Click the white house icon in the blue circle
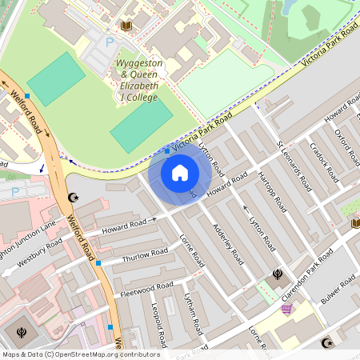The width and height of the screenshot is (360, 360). tap(180, 173)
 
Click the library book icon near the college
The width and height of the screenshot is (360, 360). tap(126, 26)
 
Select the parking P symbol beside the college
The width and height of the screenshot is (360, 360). tap(110, 41)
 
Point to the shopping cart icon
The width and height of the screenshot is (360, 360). tap(287, 310)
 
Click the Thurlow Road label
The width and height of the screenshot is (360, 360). tap(144, 256)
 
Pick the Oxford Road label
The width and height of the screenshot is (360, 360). tap(345, 144)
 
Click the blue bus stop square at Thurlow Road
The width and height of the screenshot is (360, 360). tap(98, 262)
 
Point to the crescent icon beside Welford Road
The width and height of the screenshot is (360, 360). tap(74, 197)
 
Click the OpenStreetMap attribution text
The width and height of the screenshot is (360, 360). tap(80, 354)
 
